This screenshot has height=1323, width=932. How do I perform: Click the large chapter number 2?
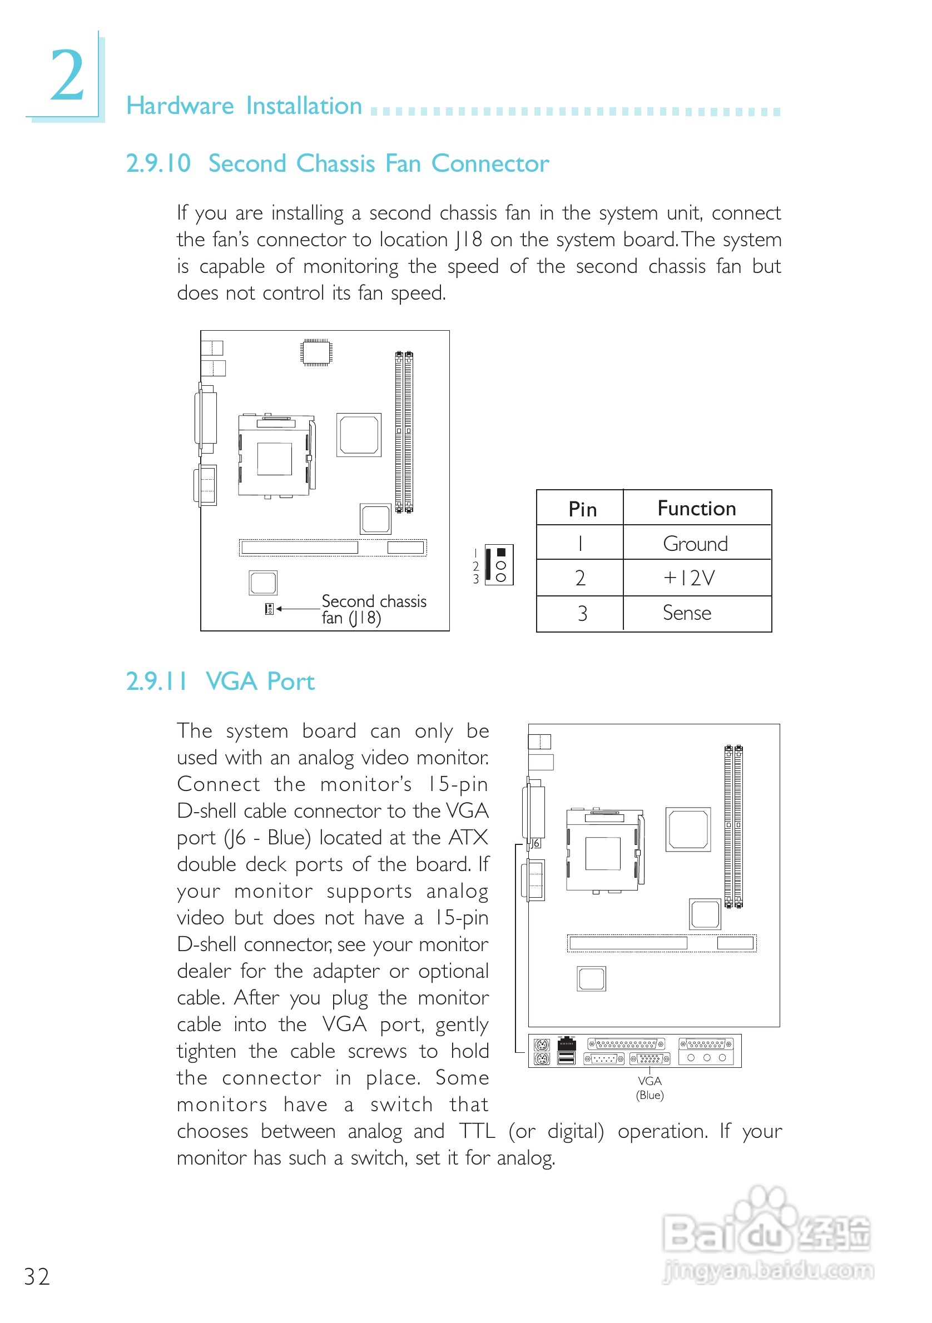pyautogui.click(x=67, y=75)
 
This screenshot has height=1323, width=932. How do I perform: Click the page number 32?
pyautogui.click(x=37, y=1276)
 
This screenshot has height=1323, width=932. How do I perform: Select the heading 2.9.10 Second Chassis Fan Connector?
pyautogui.click(x=337, y=163)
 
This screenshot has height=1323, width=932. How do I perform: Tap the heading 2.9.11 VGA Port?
pyautogui.click(x=220, y=682)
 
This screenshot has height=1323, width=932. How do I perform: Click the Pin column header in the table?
pyautogui.click(x=582, y=509)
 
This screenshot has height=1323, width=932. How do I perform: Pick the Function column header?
pyautogui.click(x=696, y=508)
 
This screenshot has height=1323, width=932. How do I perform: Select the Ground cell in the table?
pyautogui.click(x=695, y=544)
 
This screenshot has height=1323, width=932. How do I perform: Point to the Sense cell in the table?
pyautogui.click(x=686, y=613)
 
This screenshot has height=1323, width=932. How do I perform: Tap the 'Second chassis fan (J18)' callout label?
pyautogui.click(x=373, y=609)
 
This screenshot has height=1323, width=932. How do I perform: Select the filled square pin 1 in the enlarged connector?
pyautogui.click(x=501, y=552)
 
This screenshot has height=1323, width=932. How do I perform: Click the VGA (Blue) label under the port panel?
pyautogui.click(x=650, y=1088)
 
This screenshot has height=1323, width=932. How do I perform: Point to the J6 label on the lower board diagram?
pyautogui.click(x=536, y=843)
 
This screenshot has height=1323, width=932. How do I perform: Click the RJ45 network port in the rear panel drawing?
pyautogui.click(x=567, y=1043)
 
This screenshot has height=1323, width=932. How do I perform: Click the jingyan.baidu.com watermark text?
pyautogui.click(x=768, y=1270)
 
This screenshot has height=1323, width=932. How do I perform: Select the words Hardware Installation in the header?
pyautogui.click(x=244, y=106)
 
